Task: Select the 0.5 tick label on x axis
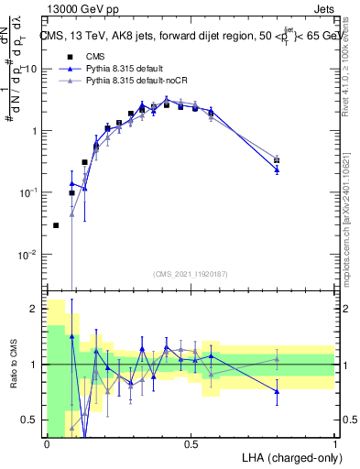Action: (x=191, y=442)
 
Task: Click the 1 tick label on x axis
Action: (x=334, y=442)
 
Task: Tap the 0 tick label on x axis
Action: (x=47, y=442)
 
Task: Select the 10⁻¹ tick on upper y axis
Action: (x=29, y=192)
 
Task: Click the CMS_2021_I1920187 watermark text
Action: (x=191, y=273)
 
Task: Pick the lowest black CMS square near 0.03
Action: (x=56, y=225)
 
